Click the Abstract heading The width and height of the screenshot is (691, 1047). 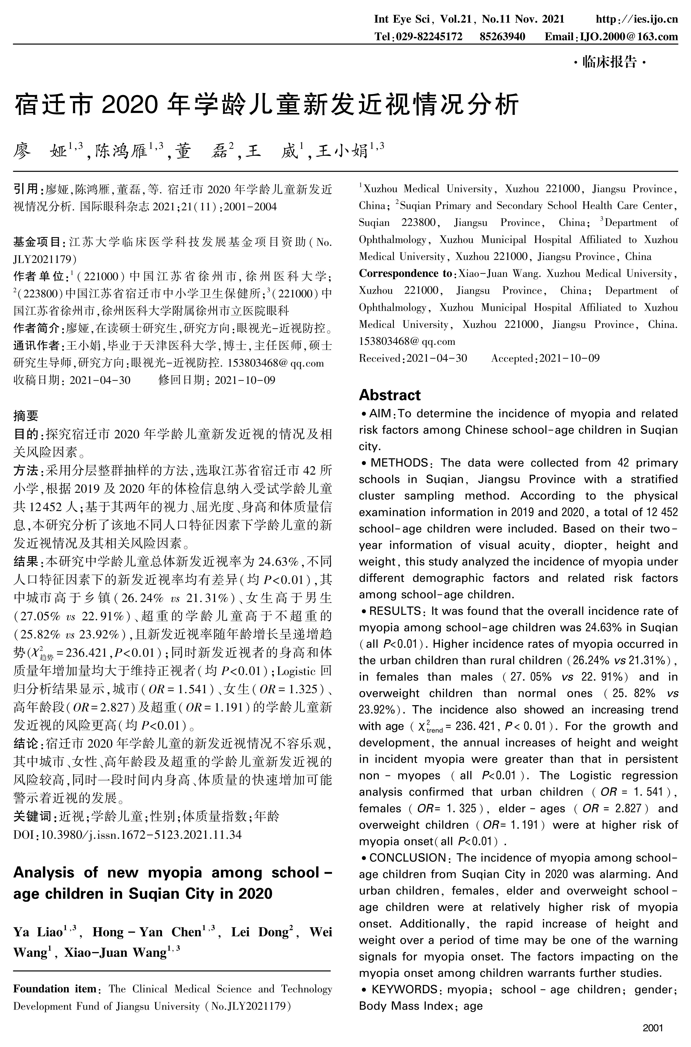[x=390, y=395]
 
